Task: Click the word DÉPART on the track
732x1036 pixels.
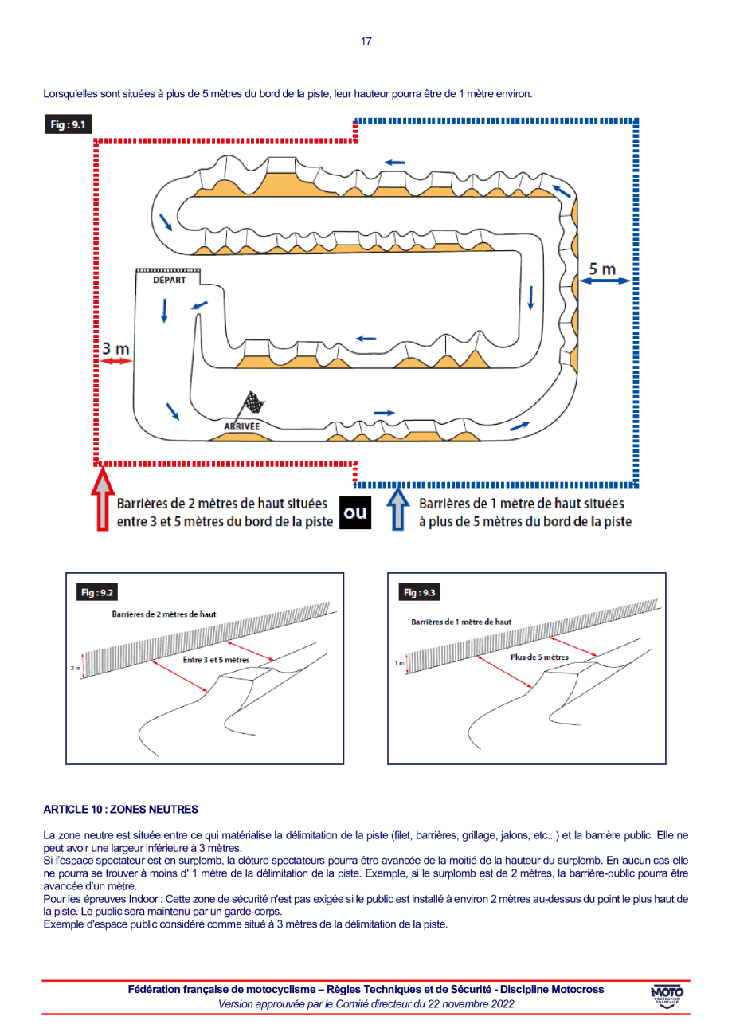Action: (169, 280)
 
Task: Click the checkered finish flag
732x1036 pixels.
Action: (253, 405)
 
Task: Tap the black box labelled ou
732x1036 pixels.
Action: (355, 512)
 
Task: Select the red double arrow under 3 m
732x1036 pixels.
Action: (116, 362)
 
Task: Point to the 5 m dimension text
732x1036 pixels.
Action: (603, 269)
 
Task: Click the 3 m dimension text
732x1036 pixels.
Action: (115, 348)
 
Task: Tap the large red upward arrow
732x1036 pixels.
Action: (104, 500)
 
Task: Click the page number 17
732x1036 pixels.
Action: (366, 41)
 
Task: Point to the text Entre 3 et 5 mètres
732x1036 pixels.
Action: (216, 660)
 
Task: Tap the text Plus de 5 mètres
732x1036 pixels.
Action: (538, 657)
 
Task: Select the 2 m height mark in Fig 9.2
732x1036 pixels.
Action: (76, 668)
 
